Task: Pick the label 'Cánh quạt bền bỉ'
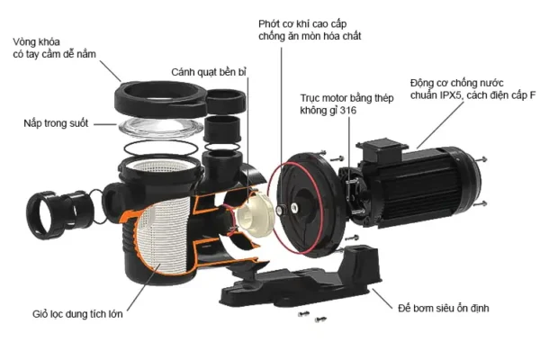[209, 71]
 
